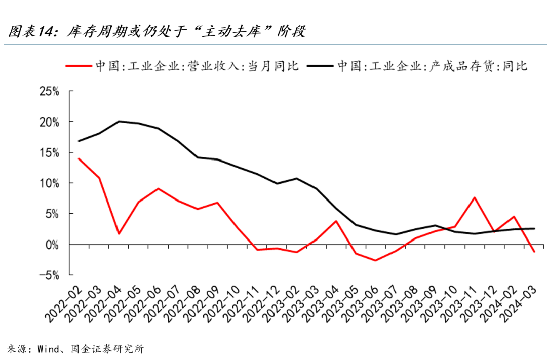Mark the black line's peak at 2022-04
click(119, 121)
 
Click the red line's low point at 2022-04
click(119, 234)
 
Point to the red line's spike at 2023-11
click(475, 197)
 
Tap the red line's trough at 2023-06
click(376, 261)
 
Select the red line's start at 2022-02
click(79, 158)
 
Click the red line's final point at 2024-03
click(534, 252)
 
